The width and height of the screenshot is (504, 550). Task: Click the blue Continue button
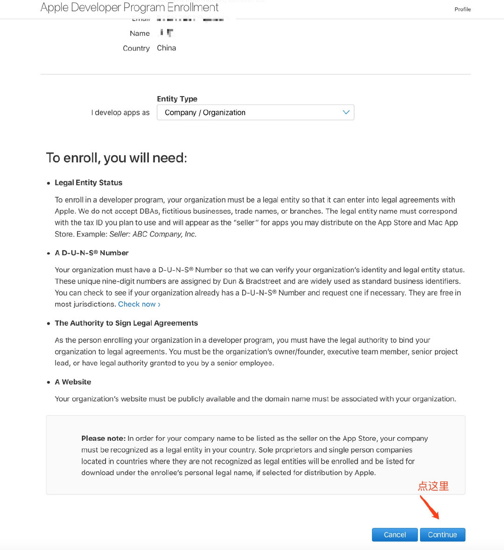pos(442,535)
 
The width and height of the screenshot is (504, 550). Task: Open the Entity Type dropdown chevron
pos(346,112)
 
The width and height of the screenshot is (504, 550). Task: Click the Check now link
pos(139,304)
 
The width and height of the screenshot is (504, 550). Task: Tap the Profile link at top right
pos(462,9)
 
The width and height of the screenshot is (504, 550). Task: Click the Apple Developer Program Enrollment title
pos(129,7)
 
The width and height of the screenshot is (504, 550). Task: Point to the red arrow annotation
pos(429,507)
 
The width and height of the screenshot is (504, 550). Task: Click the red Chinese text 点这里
pos(433,486)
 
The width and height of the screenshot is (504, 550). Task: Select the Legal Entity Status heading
pos(88,183)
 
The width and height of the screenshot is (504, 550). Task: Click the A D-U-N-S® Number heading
pos(91,253)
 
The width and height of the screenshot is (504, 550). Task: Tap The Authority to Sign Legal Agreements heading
pos(126,323)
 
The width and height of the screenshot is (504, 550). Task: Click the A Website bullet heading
pos(73,382)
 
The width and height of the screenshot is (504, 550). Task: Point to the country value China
pos(166,48)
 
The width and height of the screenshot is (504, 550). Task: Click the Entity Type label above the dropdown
pos(177,99)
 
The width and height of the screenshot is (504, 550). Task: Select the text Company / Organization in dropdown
pos(205,112)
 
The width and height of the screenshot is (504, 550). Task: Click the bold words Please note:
pos(103,439)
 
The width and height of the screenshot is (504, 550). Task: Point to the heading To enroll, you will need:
pos(116,158)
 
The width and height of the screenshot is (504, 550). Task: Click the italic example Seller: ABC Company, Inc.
pos(153,234)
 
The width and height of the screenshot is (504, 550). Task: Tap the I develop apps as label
pos(120,112)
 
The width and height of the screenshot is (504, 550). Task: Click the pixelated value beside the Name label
pos(167,33)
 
